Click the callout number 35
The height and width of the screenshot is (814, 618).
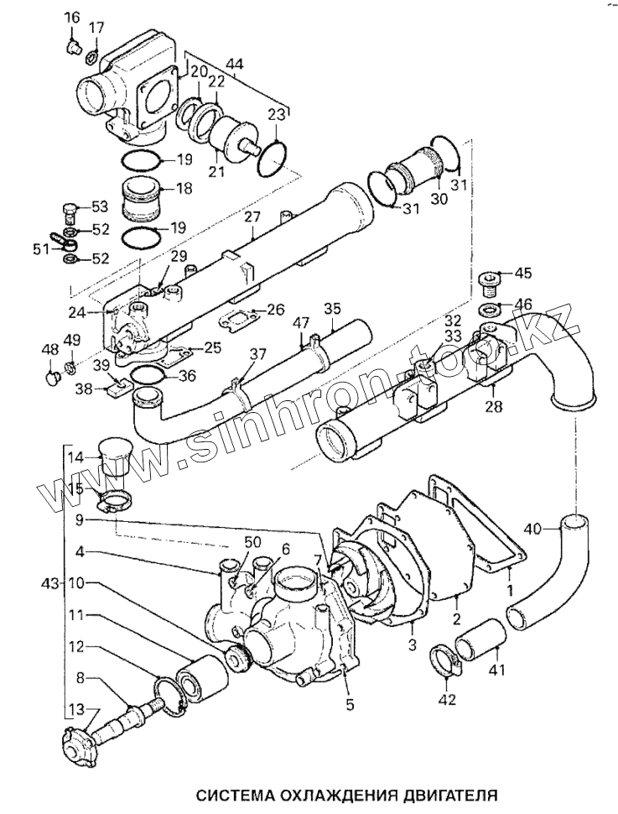(x=333, y=308)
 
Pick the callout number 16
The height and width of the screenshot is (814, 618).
(x=71, y=18)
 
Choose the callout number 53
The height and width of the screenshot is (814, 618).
(x=100, y=206)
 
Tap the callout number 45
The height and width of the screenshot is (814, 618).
(x=522, y=273)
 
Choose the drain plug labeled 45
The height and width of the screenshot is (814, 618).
(x=489, y=280)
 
